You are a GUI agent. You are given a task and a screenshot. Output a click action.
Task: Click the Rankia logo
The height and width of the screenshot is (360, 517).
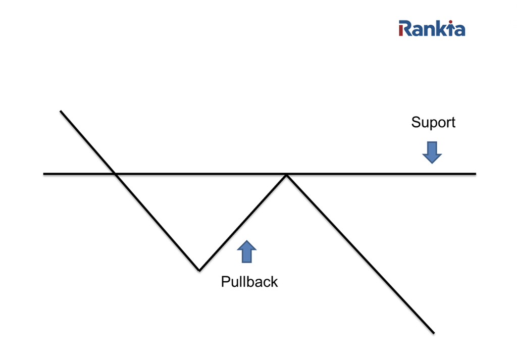[x=432, y=28]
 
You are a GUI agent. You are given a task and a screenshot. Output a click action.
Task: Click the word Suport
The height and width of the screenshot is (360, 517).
[x=433, y=123]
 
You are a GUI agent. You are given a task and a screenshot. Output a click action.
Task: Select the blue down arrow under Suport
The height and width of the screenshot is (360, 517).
[x=432, y=152]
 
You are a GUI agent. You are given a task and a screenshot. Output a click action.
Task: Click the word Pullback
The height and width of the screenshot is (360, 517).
[x=249, y=282]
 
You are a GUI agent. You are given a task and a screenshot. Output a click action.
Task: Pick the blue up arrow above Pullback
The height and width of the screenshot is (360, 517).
[x=246, y=251]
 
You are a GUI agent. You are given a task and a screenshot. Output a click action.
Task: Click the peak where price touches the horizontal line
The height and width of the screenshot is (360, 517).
[x=286, y=174]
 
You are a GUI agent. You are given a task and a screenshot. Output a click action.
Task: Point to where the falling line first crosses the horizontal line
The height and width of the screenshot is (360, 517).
[x=116, y=174]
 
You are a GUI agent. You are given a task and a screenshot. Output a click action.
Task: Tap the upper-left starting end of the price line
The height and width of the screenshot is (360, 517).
[x=61, y=111]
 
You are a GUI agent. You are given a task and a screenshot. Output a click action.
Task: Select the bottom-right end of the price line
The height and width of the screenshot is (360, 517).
[x=433, y=333]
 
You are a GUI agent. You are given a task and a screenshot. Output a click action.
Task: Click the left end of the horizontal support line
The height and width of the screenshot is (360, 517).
[x=44, y=174]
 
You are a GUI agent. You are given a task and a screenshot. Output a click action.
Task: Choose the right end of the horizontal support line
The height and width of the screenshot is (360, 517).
[x=475, y=174]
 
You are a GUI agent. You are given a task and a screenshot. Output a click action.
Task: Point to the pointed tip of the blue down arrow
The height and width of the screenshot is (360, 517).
[x=432, y=163]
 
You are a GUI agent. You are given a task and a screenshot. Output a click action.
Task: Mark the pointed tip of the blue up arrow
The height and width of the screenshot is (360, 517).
[x=246, y=241]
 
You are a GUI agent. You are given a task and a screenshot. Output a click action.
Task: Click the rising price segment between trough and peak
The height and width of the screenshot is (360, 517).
[x=242, y=222]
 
